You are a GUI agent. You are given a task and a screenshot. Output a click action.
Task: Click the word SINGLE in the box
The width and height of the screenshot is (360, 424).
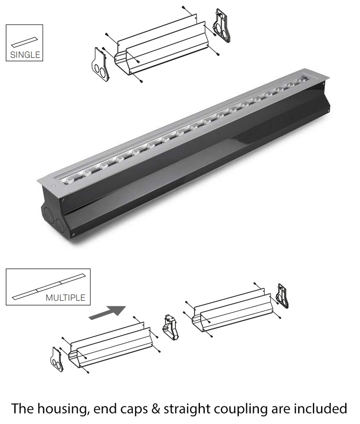coord(25,55)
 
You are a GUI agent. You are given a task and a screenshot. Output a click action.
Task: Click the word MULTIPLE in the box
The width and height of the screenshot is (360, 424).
coord(65,297)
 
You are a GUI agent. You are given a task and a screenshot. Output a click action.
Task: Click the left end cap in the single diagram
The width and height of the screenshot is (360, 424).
coord(101,64)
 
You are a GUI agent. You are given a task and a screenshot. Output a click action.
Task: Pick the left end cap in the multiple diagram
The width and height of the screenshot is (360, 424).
coord(57,359)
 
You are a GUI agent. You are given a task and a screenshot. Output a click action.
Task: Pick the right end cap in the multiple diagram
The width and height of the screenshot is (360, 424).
coord(282,296)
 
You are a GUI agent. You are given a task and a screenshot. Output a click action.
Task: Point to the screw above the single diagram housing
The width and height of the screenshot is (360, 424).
coord(183,7)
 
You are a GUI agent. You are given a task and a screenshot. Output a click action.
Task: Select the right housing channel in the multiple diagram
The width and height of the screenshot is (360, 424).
coord(233,309)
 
